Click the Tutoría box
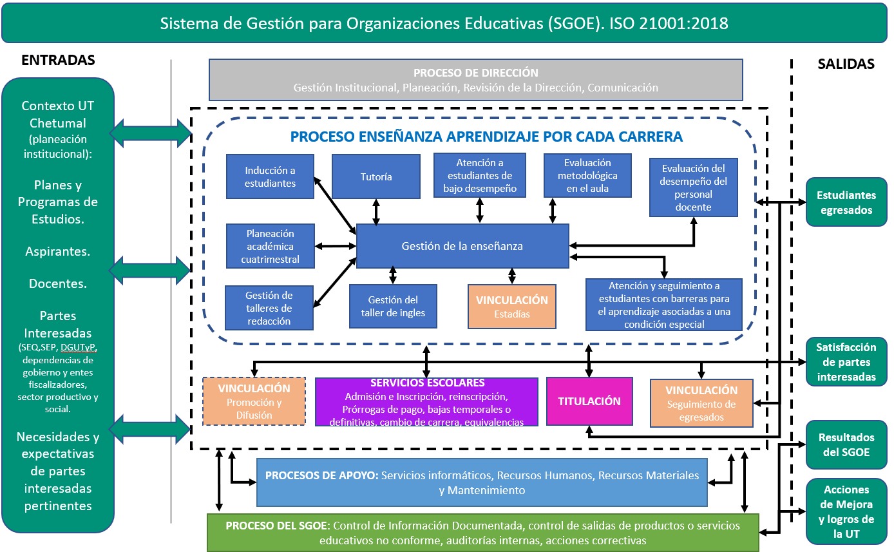(x=376, y=176)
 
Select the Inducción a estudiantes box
(x=270, y=176)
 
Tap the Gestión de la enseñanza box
(x=462, y=246)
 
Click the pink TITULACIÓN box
(x=589, y=401)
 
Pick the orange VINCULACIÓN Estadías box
(x=512, y=307)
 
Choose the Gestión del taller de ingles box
(x=393, y=306)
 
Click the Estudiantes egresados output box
(x=846, y=202)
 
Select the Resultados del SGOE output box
(x=846, y=444)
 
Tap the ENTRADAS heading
(x=58, y=60)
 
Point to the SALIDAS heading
(x=846, y=64)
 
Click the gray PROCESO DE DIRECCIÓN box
(x=476, y=80)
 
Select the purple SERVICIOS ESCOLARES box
(x=426, y=402)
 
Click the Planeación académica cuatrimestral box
(x=270, y=246)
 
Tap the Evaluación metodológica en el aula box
(x=587, y=175)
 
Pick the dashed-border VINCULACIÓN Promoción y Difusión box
(x=254, y=401)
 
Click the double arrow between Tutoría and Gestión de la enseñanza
(x=376, y=211)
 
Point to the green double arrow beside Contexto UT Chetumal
(x=151, y=133)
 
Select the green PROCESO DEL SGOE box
(x=483, y=533)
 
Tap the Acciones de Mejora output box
(x=846, y=511)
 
